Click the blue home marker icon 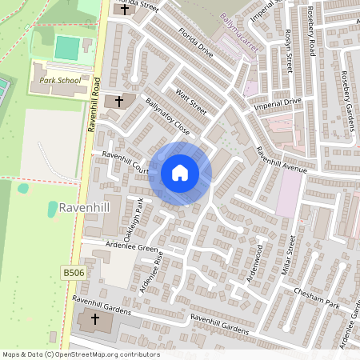point(180,173)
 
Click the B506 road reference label point(73,273)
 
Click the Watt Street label point(191,102)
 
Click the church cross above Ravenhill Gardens point(95,320)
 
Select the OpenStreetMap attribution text point(80,354)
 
